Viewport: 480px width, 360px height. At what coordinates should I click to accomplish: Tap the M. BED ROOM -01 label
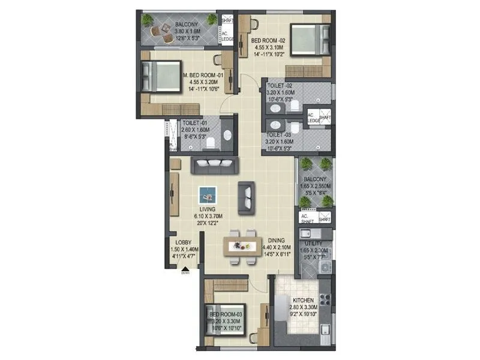coord(202,76)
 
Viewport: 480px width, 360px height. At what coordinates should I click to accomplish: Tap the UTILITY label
coord(313,244)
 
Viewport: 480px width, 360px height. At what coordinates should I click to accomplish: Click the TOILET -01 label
coord(194,121)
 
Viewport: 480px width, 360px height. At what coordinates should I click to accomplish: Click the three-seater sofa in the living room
coord(214,164)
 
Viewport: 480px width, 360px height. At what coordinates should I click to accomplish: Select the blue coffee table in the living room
coord(208,194)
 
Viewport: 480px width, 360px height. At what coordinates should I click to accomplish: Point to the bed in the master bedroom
coord(161,76)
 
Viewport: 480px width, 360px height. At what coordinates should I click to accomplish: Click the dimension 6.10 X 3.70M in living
coord(207,215)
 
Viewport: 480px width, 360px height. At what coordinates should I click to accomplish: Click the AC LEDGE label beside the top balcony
coord(227,36)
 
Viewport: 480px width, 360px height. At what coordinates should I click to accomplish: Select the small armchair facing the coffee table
coord(246,197)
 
